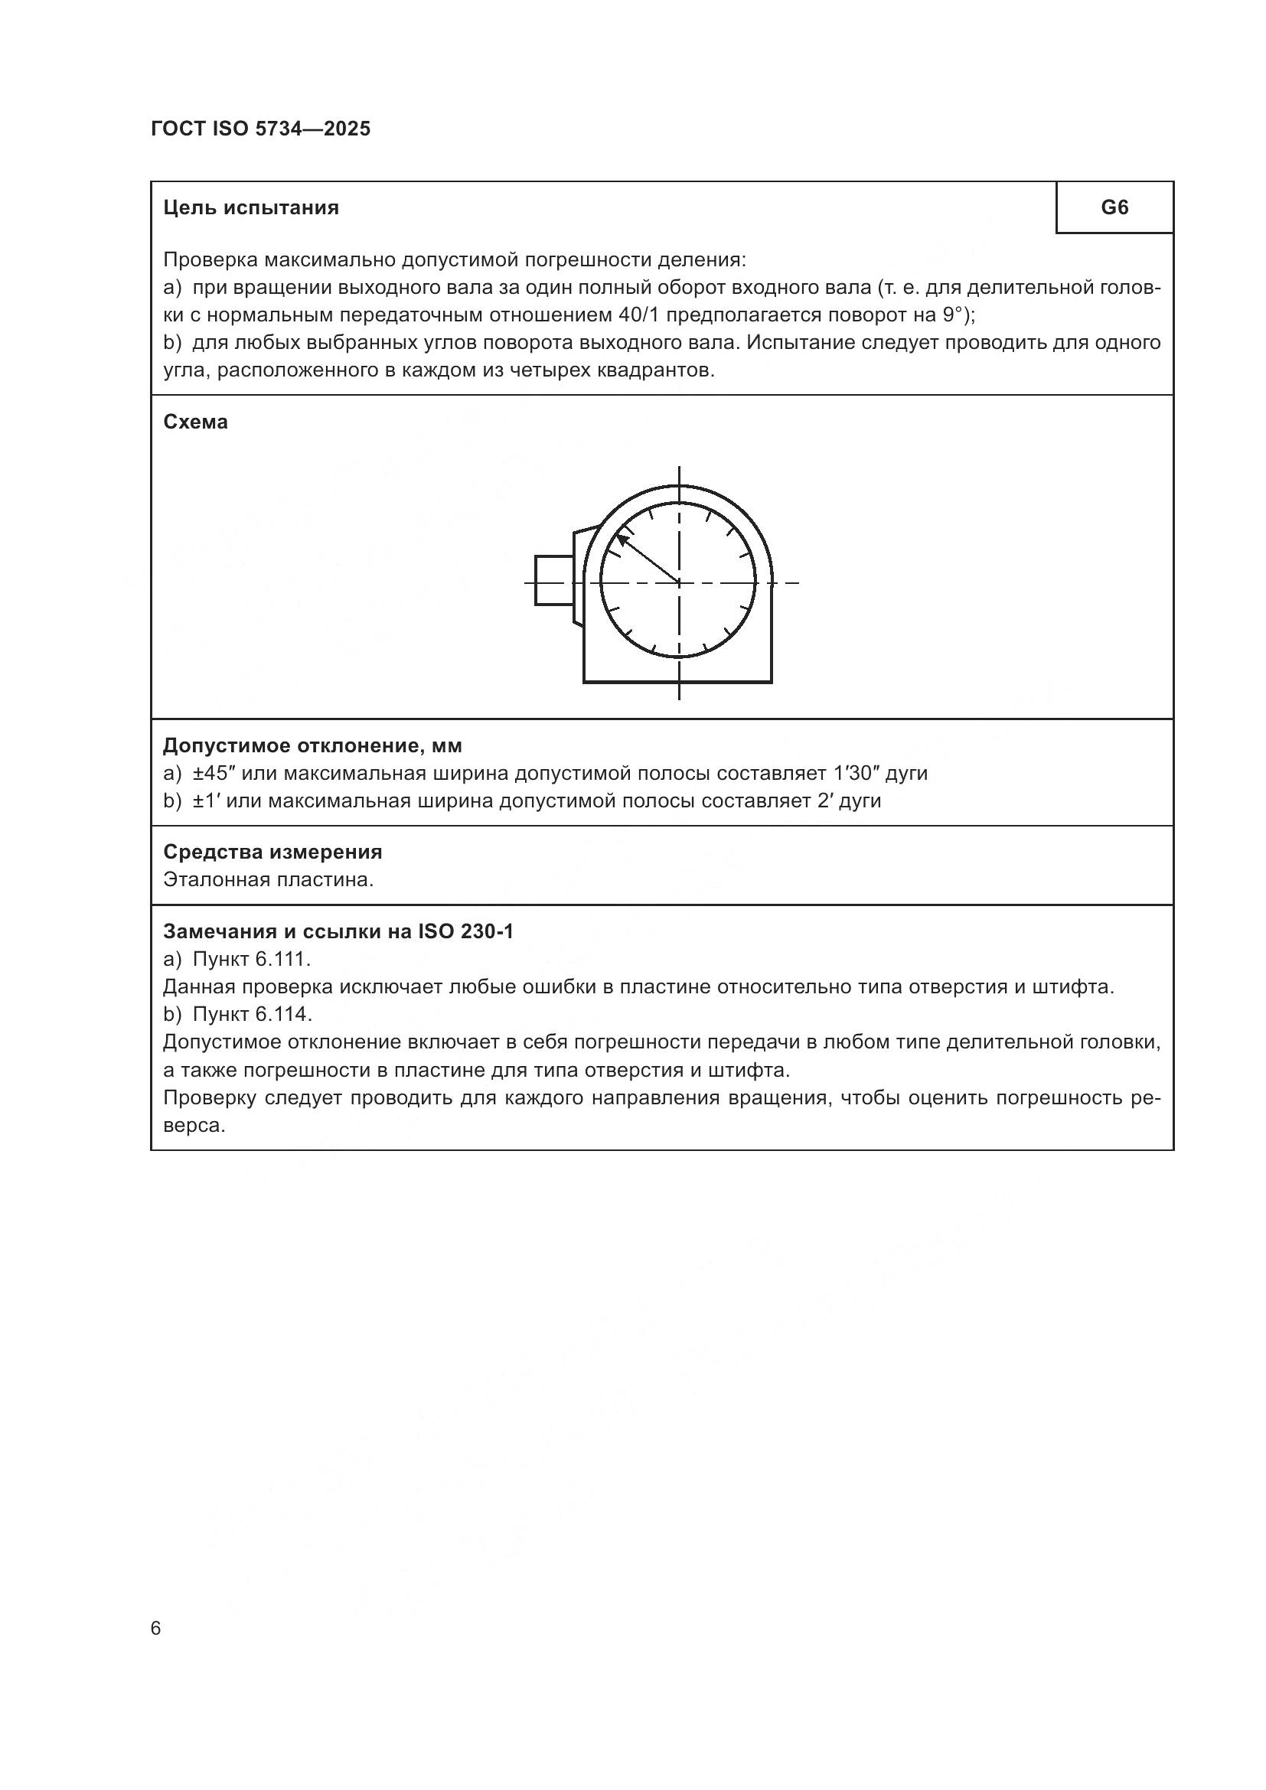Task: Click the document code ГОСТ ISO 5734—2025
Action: (260, 129)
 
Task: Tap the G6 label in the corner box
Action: (1114, 207)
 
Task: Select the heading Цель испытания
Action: (251, 207)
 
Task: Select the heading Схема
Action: (196, 422)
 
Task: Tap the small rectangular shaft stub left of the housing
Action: (554, 580)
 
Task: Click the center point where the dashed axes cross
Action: (679, 582)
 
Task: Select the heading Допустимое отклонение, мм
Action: (312, 745)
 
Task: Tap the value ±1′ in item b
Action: (206, 800)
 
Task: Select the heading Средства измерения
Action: (272, 851)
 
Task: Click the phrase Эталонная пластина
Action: (268, 879)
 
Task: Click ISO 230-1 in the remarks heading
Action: (465, 931)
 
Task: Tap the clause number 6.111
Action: (282, 959)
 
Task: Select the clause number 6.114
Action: (283, 1014)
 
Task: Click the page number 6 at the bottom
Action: (156, 1629)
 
